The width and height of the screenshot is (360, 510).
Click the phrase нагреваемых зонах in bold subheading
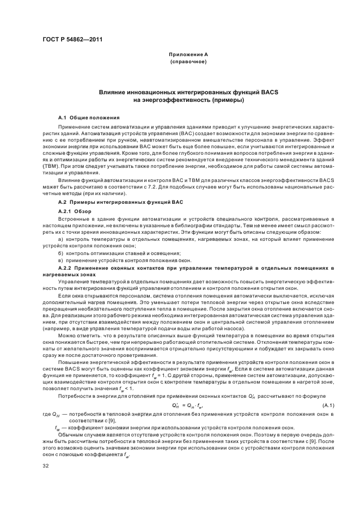click(69, 275)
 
